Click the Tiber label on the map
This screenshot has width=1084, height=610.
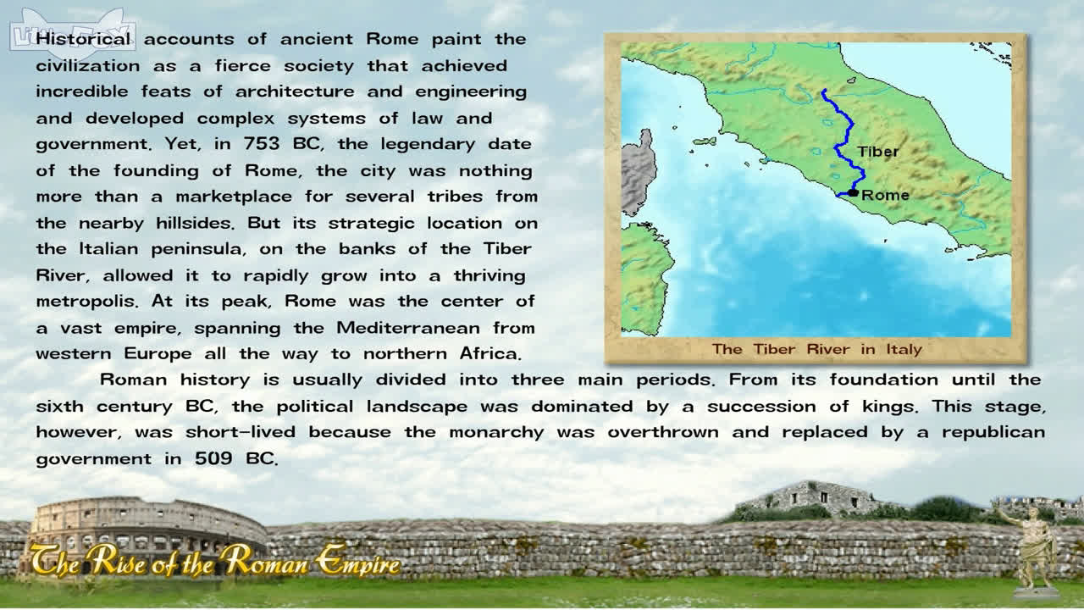point(877,152)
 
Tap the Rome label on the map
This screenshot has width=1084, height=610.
point(885,195)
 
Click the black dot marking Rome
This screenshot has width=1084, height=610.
point(853,192)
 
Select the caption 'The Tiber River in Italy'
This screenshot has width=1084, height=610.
point(817,349)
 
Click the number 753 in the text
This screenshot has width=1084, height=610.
point(262,144)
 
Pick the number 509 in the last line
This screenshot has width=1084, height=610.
point(213,458)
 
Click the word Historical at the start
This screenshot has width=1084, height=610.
point(83,39)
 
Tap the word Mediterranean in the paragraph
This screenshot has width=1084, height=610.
point(408,328)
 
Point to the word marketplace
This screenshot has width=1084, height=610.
point(234,197)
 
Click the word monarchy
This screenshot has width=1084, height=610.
point(496,432)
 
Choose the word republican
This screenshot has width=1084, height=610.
point(993,432)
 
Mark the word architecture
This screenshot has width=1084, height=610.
point(295,91)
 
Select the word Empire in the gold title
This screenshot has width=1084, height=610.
point(357,562)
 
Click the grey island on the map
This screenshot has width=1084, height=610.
point(638,172)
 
